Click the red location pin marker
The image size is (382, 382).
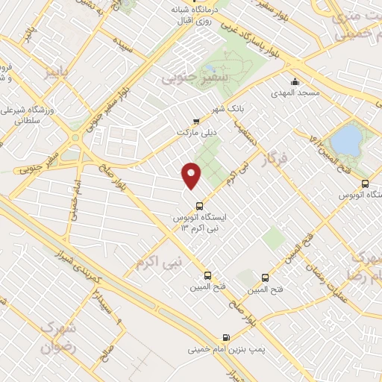(192, 175)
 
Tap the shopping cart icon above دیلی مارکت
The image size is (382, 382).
(196, 122)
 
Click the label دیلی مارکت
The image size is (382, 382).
(195, 133)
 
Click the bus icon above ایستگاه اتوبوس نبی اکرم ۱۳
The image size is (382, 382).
(198, 206)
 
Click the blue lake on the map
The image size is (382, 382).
(345, 139)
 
